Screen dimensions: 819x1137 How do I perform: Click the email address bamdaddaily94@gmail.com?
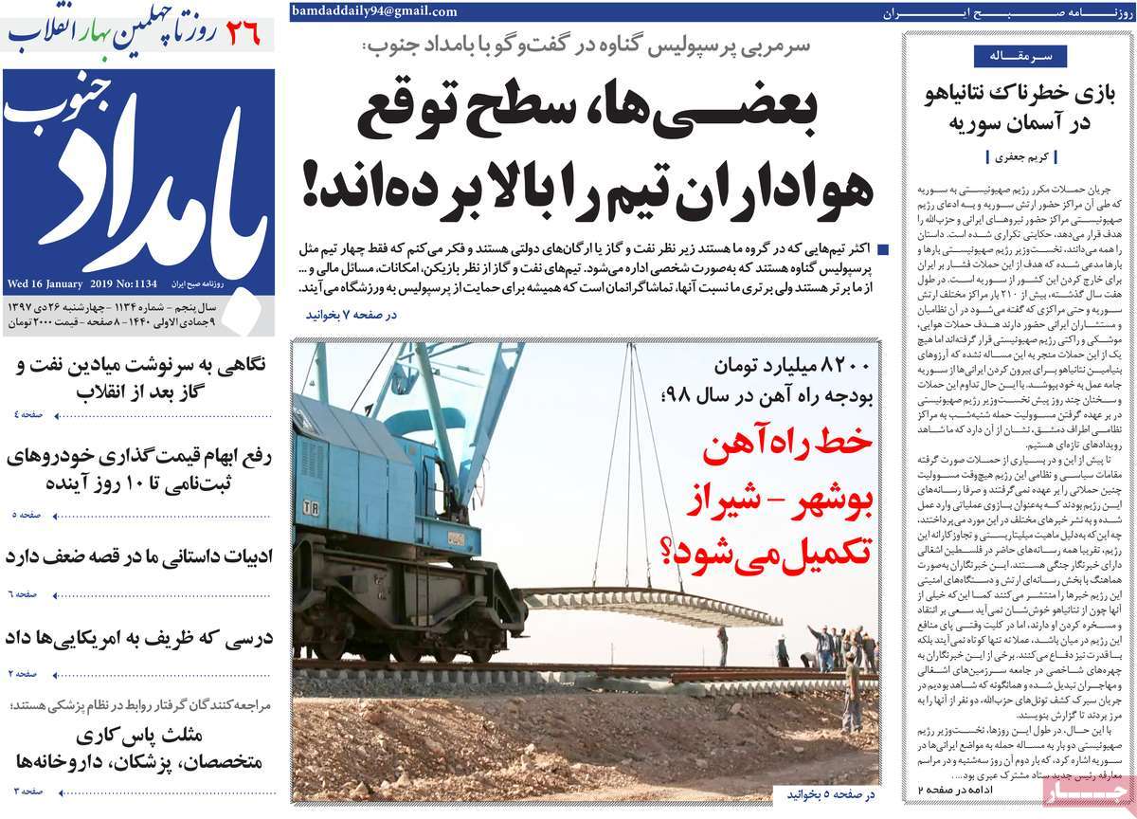(375, 12)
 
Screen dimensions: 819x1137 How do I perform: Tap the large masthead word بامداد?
(142, 204)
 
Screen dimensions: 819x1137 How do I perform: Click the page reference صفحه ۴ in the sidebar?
(27, 415)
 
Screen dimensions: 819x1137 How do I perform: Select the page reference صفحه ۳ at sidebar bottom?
(27, 790)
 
